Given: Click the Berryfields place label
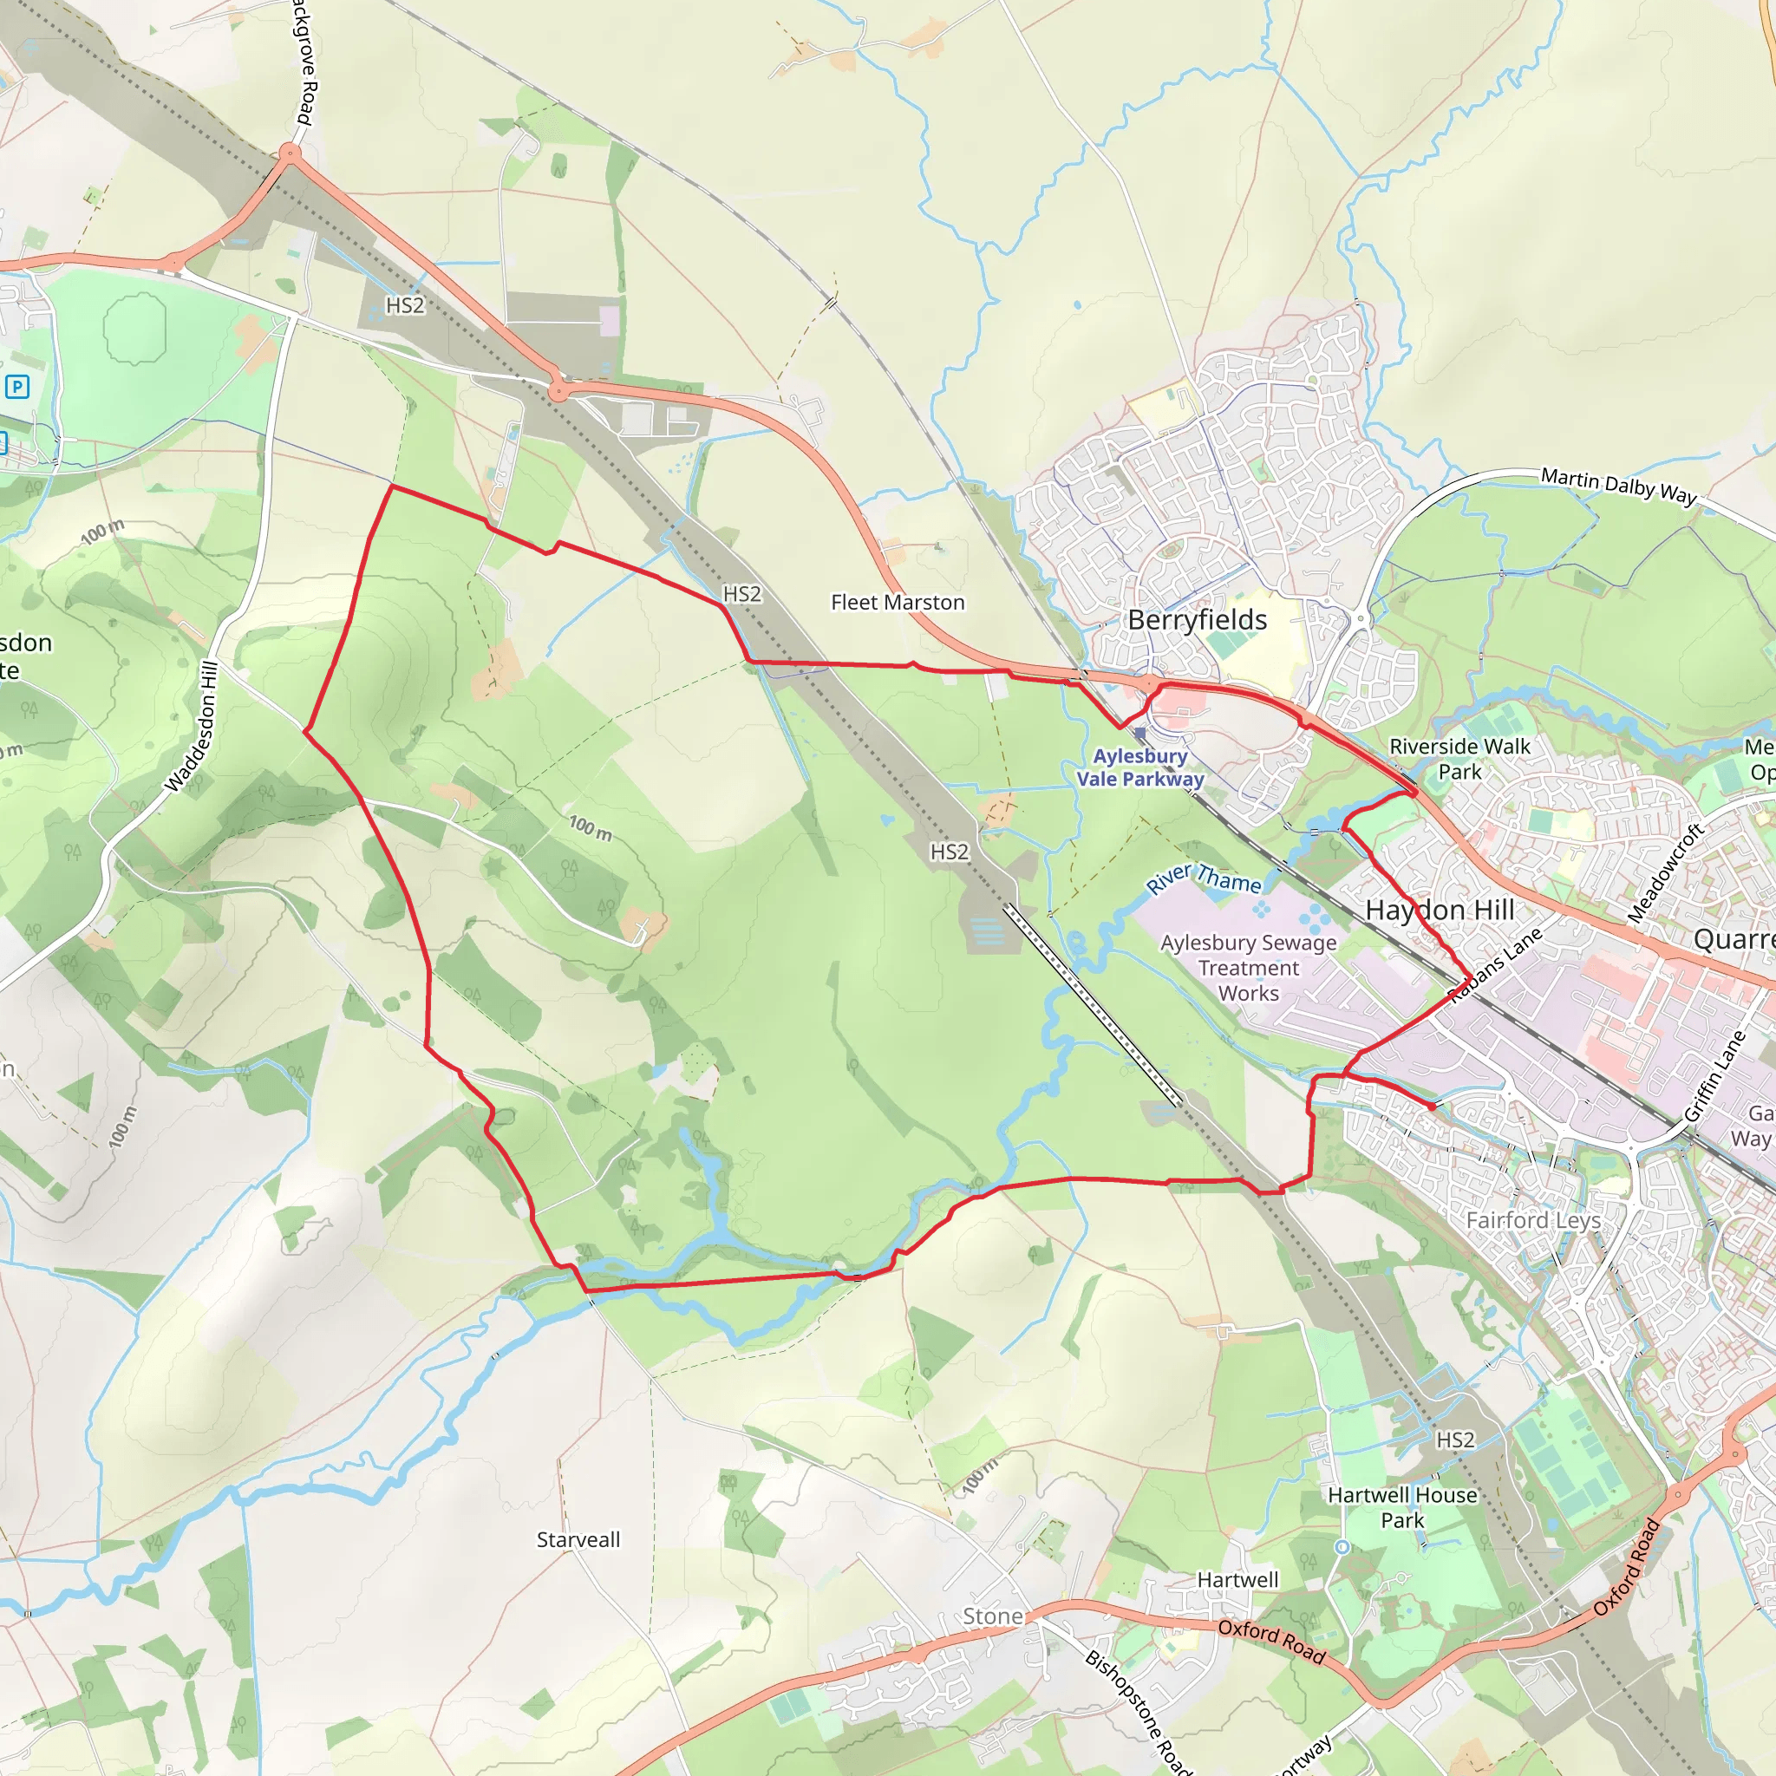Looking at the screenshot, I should point(1197,621).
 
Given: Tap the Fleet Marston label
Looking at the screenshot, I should point(898,602).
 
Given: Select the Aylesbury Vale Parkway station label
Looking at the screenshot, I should point(1139,767).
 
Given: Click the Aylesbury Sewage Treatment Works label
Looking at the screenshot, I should point(1249,967).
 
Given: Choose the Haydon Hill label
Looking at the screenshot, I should point(1440,910).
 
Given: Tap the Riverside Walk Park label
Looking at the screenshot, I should point(1459,759).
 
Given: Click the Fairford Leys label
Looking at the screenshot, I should point(1533,1220).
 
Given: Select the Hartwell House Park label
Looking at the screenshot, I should point(1402,1507).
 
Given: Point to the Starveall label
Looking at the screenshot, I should point(578,1540).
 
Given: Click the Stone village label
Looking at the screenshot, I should point(993,1616).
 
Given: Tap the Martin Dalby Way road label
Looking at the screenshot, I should point(1619,485).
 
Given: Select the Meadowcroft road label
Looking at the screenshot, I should point(1666,872).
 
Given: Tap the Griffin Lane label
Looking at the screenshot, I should point(1715,1075).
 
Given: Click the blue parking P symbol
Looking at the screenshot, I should point(17,386).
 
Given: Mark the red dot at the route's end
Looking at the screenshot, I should point(1431,1107).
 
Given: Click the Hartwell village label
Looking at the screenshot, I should point(1237,1579).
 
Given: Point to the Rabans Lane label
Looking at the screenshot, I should point(1496,965).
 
